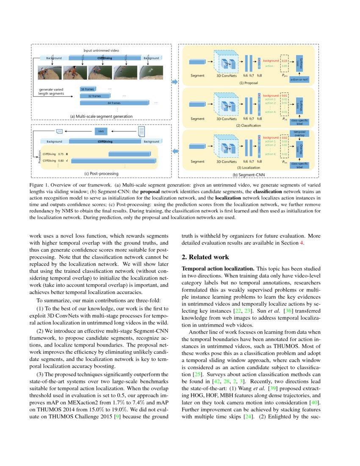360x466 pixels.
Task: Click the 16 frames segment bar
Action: pos(88,89)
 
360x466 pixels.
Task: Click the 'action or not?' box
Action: pos(299,79)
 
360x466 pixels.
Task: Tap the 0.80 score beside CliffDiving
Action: pos(61,161)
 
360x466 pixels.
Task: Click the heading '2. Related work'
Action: pos(205,257)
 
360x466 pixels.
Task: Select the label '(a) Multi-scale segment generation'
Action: pos(101,116)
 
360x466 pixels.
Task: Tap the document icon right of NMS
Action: pos(142,131)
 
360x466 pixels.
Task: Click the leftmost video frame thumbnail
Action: pos(49,73)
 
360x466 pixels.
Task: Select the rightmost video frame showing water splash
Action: pos(150,73)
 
